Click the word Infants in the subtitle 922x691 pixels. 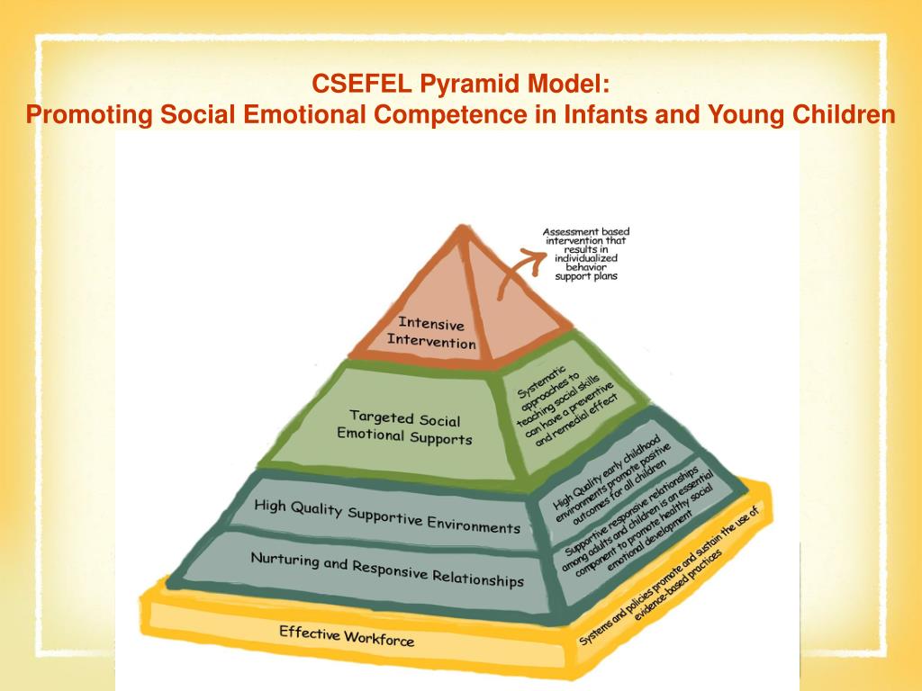click(608, 115)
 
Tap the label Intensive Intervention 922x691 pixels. click(431, 333)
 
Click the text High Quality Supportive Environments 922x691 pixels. click(387, 516)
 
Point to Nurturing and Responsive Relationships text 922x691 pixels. click(387, 569)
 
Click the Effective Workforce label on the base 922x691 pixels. click(347, 635)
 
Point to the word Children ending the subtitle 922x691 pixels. click(845, 115)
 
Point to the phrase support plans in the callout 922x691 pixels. click(585, 276)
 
